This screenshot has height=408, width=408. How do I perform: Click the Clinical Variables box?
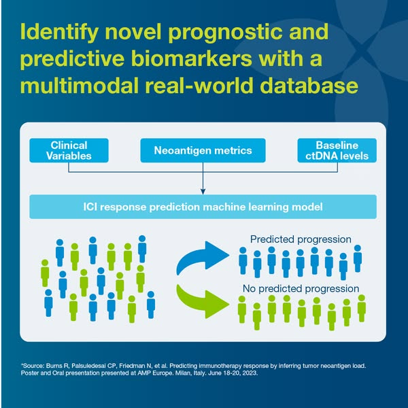point(69,151)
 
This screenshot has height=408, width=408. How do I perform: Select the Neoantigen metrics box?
point(203,151)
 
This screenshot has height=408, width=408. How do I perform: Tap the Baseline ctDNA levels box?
point(337,151)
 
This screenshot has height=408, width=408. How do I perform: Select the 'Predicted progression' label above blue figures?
point(300,239)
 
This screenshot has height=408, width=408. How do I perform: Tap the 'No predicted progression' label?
point(301,288)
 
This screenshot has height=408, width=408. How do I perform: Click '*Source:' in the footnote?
point(35,366)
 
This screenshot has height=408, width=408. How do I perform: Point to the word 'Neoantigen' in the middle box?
point(182,151)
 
